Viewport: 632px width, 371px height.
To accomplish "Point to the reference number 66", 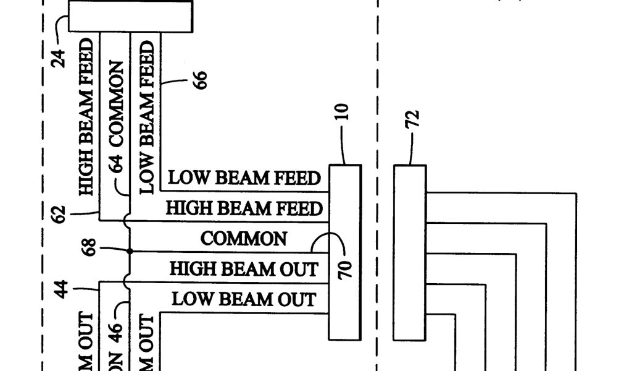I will pyautogui.click(x=200, y=80).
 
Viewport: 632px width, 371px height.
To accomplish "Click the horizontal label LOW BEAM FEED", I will pyautogui.click(x=244, y=178).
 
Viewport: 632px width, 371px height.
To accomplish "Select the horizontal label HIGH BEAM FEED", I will pyautogui.click(x=244, y=208).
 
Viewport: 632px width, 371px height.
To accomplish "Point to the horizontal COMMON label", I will pyautogui.click(x=243, y=239).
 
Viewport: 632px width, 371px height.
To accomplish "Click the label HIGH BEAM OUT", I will pyautogui.click(x=244, y=269).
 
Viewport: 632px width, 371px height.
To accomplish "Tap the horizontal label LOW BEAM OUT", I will pyautogui.click(x=244, y=299).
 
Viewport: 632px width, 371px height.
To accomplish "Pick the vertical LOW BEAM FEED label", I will pyautogui.click(x=147, y=117).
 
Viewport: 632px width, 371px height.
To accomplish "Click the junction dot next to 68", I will pyautogui.click(x=130, y=252).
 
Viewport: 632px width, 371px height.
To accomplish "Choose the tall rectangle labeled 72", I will pyautogui.click(x=410, y=252).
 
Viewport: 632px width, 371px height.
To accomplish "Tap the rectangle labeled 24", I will pyautogui.click(x=130, y=15).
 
